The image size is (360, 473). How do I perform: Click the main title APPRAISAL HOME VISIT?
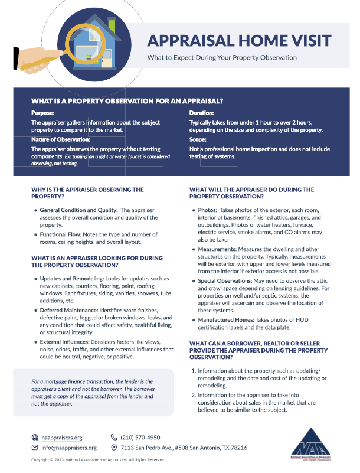[x=239, y=41]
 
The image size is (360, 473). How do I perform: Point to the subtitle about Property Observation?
[x=222, y=58]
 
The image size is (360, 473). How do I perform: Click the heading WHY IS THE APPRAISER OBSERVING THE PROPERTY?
[x=87, y=193]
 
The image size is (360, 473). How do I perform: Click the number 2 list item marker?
[x=194, y=395]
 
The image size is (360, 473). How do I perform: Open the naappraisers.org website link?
[x=61, y=438]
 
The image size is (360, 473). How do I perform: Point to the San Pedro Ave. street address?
[x=184, y=448]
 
